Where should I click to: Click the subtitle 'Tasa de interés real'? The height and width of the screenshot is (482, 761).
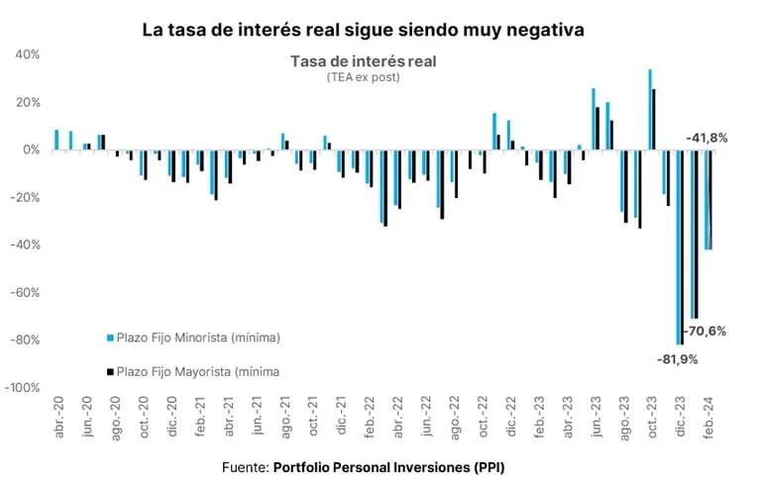(x=363, y=61)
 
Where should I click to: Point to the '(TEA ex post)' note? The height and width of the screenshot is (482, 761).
(x=363, y=77)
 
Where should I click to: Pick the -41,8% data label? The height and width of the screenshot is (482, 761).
(x=705, y=138)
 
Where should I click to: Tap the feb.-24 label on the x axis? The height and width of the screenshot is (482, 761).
(x=708, y=411)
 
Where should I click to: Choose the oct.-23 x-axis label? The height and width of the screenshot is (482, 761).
(x=652, y=411)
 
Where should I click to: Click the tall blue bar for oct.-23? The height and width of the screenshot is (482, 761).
(x=650, y=109)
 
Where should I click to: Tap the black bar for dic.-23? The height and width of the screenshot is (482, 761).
(x=683, y=246)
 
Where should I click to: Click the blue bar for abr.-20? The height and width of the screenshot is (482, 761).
(x=56, y=140)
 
